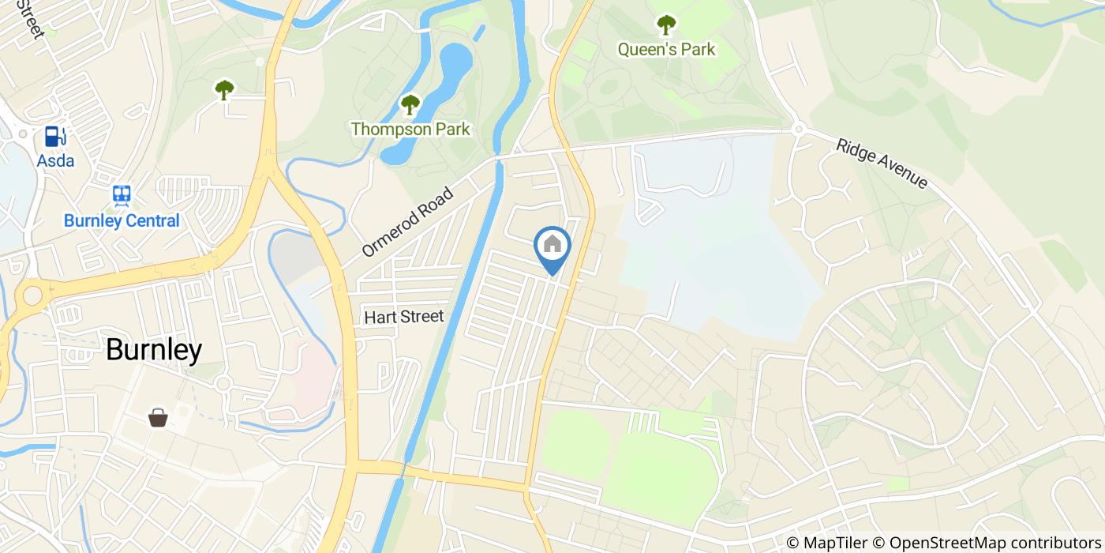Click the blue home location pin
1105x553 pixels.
coord(552,247)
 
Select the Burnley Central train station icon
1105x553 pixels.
coord(122,194)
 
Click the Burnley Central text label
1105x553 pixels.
coord(122,220)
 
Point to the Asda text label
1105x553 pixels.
coord(55,161)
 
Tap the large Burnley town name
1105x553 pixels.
coord(154,350)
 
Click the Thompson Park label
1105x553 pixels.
coord(410,129)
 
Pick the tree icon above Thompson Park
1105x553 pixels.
coord(410,104)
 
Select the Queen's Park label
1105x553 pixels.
coord(666,49)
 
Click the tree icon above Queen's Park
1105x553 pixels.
coord(666,25)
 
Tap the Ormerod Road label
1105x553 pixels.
coord(409,221)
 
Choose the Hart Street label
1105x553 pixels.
coord(404,317)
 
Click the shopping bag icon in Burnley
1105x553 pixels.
coord(158,416)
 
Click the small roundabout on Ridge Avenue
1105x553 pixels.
coord(798,129)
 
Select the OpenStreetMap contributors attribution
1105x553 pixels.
coord(986,543)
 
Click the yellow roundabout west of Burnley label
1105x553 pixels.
coord(32,295)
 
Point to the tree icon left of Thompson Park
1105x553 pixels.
coord(224,90)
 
